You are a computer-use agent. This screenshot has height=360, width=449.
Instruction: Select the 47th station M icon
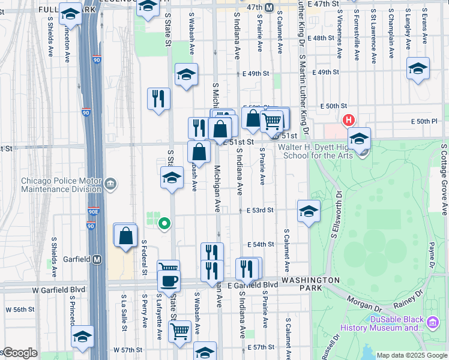click(x=270, y=7)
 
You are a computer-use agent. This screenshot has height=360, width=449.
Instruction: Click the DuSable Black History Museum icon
click(x=432, y=323)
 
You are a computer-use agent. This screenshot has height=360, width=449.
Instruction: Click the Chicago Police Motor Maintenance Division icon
click(x=110, y=183)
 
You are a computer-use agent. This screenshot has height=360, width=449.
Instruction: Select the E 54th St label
click(x=261, y=245)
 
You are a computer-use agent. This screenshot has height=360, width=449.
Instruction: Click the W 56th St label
click(x=17, y=310)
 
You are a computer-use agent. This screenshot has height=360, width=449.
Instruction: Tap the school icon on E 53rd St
click(x=309, y=211)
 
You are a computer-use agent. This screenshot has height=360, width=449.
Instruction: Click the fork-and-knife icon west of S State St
click(x=158, y=98)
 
